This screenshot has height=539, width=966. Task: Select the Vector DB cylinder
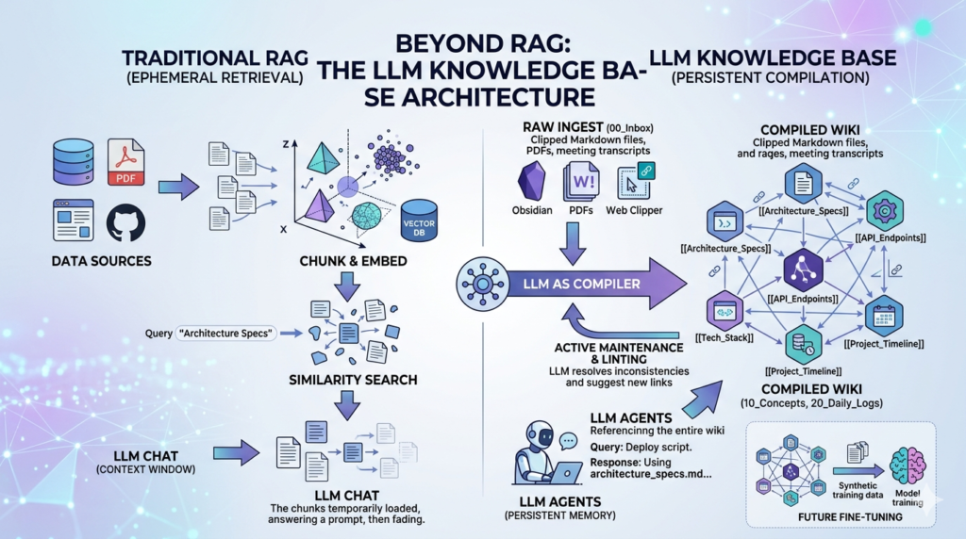point(418,222)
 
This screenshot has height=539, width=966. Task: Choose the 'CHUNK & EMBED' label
point(345,259)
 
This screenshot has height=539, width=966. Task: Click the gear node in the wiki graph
point(885,208)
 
